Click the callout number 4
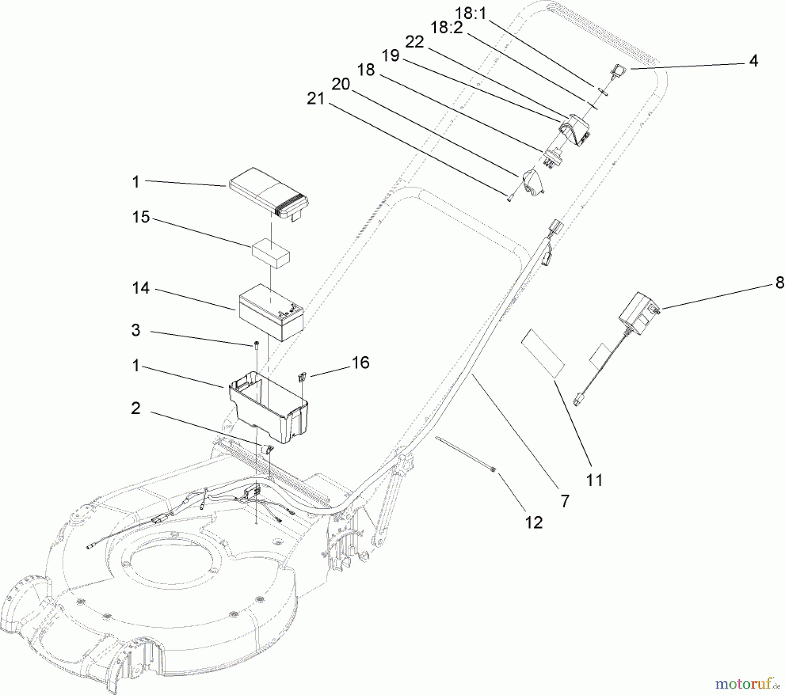point(754,61)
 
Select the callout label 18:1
point(471,14)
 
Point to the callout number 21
point(316,99)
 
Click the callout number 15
point(141,217)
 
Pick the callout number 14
point(141,288)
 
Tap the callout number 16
point(360,362)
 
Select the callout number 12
point(534,522)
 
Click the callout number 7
point(565,501)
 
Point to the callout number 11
point(594,480)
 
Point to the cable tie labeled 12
point(465,453)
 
